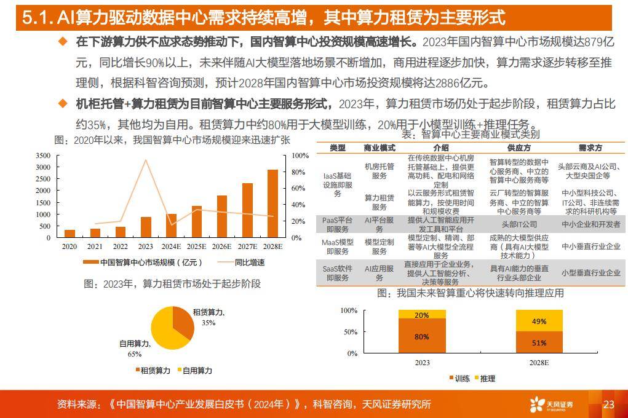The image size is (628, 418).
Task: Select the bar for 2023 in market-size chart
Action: pos(146,227)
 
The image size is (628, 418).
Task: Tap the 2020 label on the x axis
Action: pos(70,246)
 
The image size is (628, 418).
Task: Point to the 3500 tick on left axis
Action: pos(42,156)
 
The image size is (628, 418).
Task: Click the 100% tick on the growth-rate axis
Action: pos(300,156)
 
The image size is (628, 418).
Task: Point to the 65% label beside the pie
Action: pos(135,354)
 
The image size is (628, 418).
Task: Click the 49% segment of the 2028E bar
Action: pos(538,321)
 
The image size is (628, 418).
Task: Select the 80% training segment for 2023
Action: pos(421,336)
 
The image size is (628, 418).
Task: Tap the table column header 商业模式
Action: pos(379,148)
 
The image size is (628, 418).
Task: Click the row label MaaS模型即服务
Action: pos(338,246)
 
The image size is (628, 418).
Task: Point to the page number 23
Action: pos(609,404)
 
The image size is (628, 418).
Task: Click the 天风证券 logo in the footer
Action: pos(551,404)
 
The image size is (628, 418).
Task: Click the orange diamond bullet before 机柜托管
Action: pos(62,103)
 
